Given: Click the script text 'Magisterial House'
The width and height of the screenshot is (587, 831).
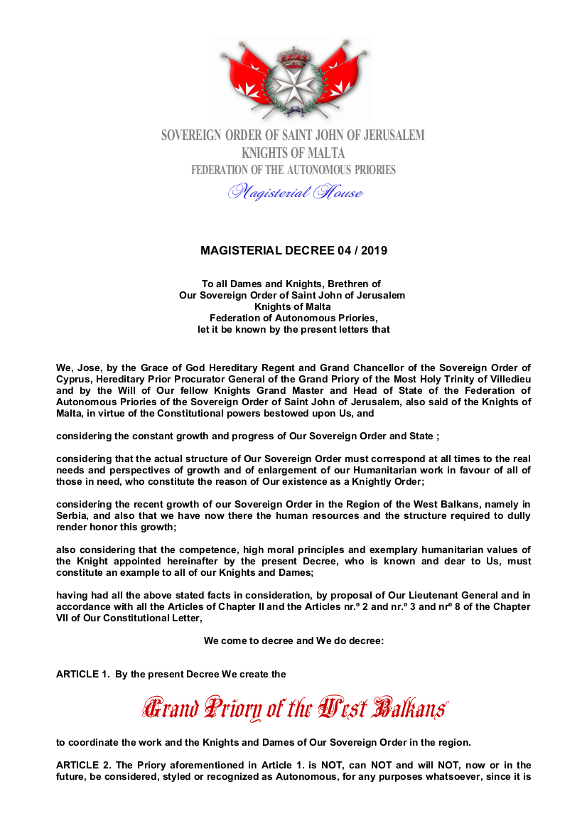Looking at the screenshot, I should [295, 192].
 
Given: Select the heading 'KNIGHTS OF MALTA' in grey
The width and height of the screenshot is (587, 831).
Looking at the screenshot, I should [293, 153].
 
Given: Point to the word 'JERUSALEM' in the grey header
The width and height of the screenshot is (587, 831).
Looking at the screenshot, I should [392, 135].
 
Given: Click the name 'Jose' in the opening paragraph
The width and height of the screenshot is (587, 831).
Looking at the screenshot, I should [89, 368].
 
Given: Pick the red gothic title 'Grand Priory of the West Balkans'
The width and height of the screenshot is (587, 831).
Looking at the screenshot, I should [294, 708].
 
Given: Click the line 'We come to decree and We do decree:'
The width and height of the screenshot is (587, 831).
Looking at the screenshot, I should [293, 640].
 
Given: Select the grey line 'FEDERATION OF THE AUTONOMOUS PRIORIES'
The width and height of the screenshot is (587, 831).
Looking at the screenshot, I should [293, 170].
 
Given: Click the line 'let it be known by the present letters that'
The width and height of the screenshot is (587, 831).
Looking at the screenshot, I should [293, 329].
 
